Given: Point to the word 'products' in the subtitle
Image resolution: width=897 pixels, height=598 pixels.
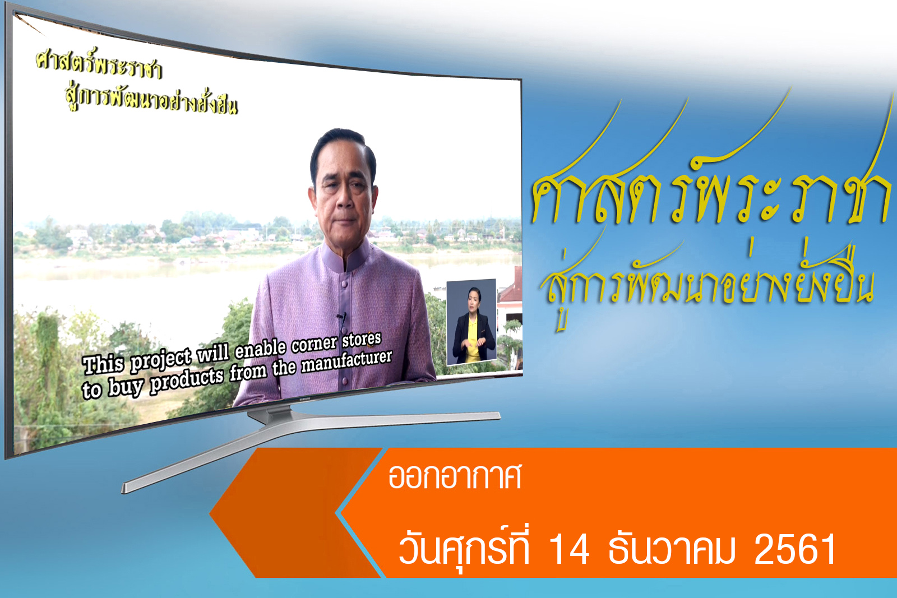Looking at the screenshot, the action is point(187,381).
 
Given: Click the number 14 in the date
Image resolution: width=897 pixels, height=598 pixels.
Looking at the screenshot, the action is point(569,549).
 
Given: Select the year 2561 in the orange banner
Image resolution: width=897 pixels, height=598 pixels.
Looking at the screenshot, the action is point(795,549).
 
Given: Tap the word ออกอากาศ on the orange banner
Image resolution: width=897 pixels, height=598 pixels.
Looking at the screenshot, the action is point(455,477).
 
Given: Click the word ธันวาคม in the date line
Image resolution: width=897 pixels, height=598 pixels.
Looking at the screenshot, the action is point(672,549).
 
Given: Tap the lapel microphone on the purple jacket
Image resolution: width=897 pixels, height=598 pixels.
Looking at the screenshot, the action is point(342,318).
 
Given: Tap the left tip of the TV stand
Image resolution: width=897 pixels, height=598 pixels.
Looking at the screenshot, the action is point(123,488).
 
